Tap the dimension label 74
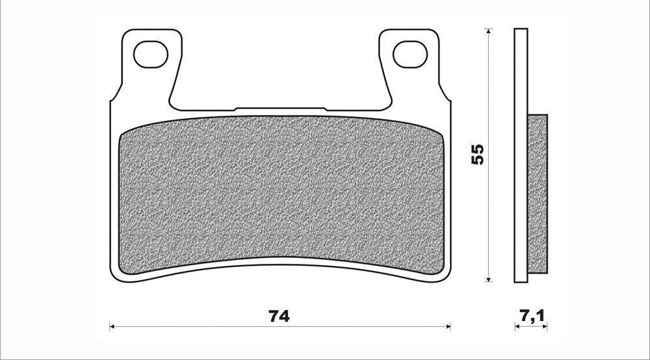tap(279, 316)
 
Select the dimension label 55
tap(478, 154)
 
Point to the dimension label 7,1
tap(531, 316)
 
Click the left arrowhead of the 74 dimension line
tap(112, 327)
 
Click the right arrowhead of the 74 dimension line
tap(448, 327)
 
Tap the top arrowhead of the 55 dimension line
tap(489, 31)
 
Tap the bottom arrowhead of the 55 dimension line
tap(489, 279)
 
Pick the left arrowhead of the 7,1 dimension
tap(517, 327)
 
